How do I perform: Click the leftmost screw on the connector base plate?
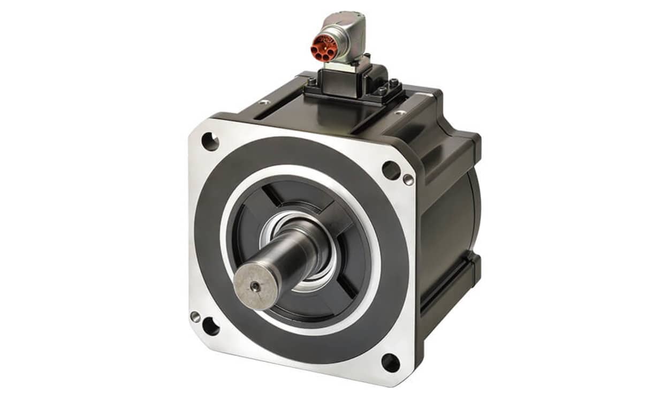click(x=311, y=82)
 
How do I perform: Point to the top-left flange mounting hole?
click(x=209, y=142)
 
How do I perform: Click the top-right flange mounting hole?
click(x=391, y=170)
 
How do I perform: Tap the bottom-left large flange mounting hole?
click(x=210, y=326)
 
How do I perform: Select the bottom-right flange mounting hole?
click(x=390, y=363)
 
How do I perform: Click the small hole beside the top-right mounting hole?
click(x=408, y=179)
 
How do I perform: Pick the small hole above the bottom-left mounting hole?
click(x=195, y=317)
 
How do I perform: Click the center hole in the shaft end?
click(x=257, y=287)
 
